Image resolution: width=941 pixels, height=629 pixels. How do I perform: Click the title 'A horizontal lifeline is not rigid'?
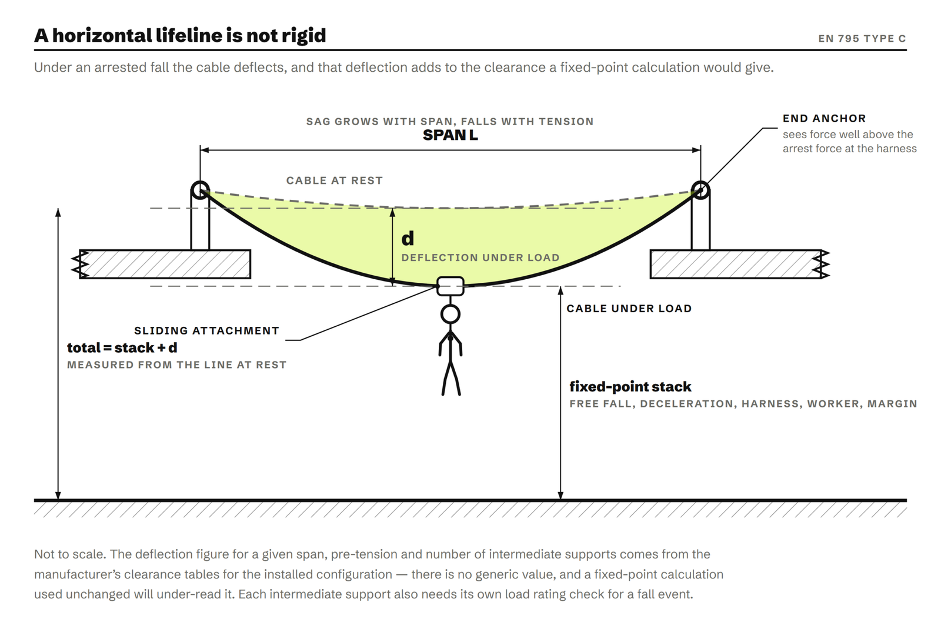pyautogui.click(x=180, y=35)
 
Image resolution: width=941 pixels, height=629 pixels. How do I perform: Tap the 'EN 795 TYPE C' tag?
pyautogui.click(x=862, y=39)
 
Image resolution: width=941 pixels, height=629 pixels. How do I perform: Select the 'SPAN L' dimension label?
pyautogui.click(x=450, y=135)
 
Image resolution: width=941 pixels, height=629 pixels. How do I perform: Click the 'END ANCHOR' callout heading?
pyautogui.click(x=824, y=118)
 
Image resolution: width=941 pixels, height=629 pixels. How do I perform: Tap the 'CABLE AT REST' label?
pyautogui.click(x=335, y=180)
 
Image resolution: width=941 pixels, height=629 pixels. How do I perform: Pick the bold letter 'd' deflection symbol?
pyautogui.click(x=408, y=239)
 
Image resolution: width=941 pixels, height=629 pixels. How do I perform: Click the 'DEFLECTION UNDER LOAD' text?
pyautogui.click(x=480, y=257)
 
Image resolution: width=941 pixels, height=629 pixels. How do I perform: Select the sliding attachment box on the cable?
pyautogui.click(x=451, y=286)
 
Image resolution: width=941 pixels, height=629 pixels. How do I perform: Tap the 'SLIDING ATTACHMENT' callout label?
pyautogui.click(x=206, y=331)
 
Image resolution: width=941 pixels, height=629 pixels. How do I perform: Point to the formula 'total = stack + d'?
pyautogui.click(x=122, y=347)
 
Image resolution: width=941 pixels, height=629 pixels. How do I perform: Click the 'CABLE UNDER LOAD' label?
pyautogui.click(x=629, y=309)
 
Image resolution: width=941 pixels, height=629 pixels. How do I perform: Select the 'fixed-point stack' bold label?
pyautogui.click(x=630, y=387)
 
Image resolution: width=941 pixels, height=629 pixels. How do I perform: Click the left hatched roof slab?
pyautogui.click(x=165, y=264)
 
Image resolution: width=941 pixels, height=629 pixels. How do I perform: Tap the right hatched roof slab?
pyautogui.click(x=739, y=264)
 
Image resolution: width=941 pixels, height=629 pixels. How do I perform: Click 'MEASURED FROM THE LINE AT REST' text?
pyautogui.click(x=176, y=365)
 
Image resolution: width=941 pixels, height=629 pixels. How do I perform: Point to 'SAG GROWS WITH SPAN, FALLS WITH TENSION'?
pyautogui.click(x=450, y=122)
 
